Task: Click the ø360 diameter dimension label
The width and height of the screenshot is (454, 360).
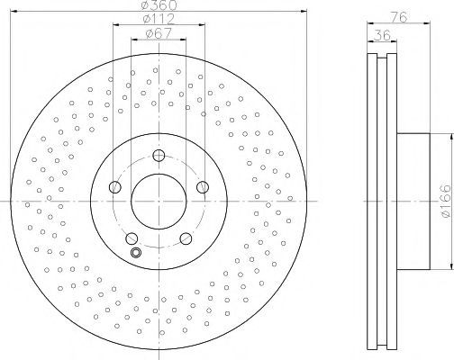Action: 159,4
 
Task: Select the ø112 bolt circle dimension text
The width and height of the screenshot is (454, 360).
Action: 159,19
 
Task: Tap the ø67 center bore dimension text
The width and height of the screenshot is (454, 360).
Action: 159,33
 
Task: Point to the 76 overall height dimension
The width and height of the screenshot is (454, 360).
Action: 400,17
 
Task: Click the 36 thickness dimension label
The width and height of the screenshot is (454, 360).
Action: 382,35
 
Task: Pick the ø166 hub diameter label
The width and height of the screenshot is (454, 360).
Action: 444,201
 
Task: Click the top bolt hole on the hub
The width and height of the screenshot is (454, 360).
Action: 159,156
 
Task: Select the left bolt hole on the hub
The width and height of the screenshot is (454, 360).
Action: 114,187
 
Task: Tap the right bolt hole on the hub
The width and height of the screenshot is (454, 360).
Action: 203,187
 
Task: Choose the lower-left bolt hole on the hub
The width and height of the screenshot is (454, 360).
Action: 132,238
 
